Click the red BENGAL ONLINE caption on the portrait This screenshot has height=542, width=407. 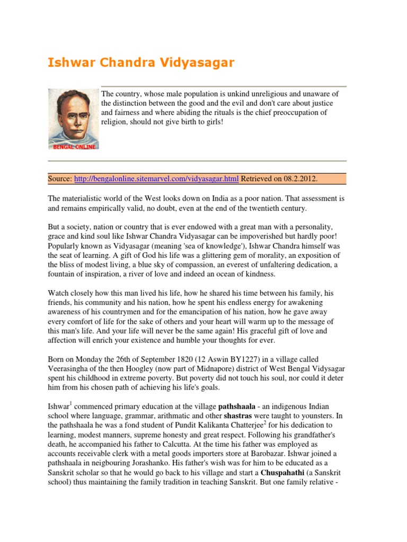coord(74,147)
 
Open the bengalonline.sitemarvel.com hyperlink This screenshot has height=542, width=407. coord(156,179)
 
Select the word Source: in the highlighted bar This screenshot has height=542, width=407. coord(60,179)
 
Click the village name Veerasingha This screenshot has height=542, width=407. coord(70,369)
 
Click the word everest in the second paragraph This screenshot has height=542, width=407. coord(245,265)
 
